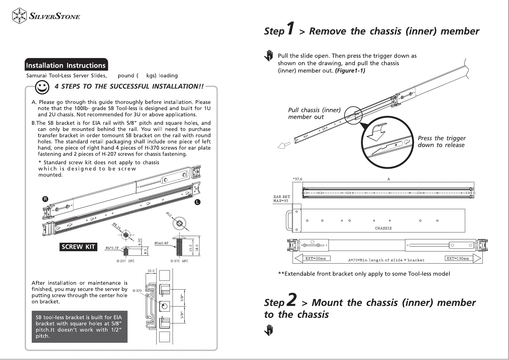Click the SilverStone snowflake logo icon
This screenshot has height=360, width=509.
[20, 16]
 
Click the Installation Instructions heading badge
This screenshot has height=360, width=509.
[66, 65]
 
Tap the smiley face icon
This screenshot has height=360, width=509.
[42, 87]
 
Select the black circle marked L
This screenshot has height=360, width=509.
[197, 202]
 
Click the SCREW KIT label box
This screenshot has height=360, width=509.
[78, 247]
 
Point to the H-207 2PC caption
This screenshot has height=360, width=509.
[125, 261]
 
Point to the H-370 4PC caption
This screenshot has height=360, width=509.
[179, 261]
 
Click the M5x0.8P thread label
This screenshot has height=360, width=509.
[161, 243]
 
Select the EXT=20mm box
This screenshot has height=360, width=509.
[315, 258]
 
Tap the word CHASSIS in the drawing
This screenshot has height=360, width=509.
[383, 228]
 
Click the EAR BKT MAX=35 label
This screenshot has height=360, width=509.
[281, 199]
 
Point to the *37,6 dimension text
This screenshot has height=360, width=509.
[297, 179]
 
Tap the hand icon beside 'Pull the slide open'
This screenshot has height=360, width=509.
[268, 56]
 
